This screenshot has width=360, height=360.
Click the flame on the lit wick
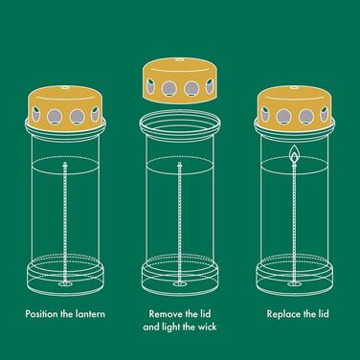[x=295, y=154]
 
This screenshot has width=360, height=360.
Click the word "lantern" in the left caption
[x=90, y=314]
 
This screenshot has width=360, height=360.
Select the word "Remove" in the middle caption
[x=164, y=314]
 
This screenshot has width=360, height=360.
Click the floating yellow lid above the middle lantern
[x=180, y=81]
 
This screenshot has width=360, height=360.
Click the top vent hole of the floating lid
[x=180, y=59]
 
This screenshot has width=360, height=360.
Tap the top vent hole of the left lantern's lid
[x=66, y=86]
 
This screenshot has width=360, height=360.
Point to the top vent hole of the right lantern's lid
[x=295, y=86]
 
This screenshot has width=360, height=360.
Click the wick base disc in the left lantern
[x=66, y=283]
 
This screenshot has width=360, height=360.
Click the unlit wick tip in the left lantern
[x=65, y=165]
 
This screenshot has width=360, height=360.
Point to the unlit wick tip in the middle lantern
[x=179, y=165]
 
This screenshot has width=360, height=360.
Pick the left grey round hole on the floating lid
[x=169, y=89]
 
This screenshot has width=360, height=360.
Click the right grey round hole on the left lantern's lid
[x=77, y=117]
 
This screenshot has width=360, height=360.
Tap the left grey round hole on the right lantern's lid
[x=283, y=117]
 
